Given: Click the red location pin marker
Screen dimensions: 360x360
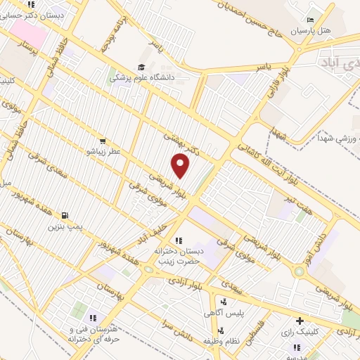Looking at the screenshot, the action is click(x=181, y=165).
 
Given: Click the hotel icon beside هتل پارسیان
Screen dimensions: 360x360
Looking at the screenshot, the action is click(x=311, y=20).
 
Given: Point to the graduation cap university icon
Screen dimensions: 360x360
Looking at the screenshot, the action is click(x=141, y=67).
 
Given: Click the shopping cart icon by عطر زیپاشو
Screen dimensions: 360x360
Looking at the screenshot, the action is click(x=103, y=141).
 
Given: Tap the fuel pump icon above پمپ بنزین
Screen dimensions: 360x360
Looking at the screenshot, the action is click(x=65, y=215).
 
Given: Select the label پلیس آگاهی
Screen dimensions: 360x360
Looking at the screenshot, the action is click(x=229, y=314).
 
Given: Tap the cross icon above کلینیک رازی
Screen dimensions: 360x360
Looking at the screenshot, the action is click(x=301, y=321).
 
